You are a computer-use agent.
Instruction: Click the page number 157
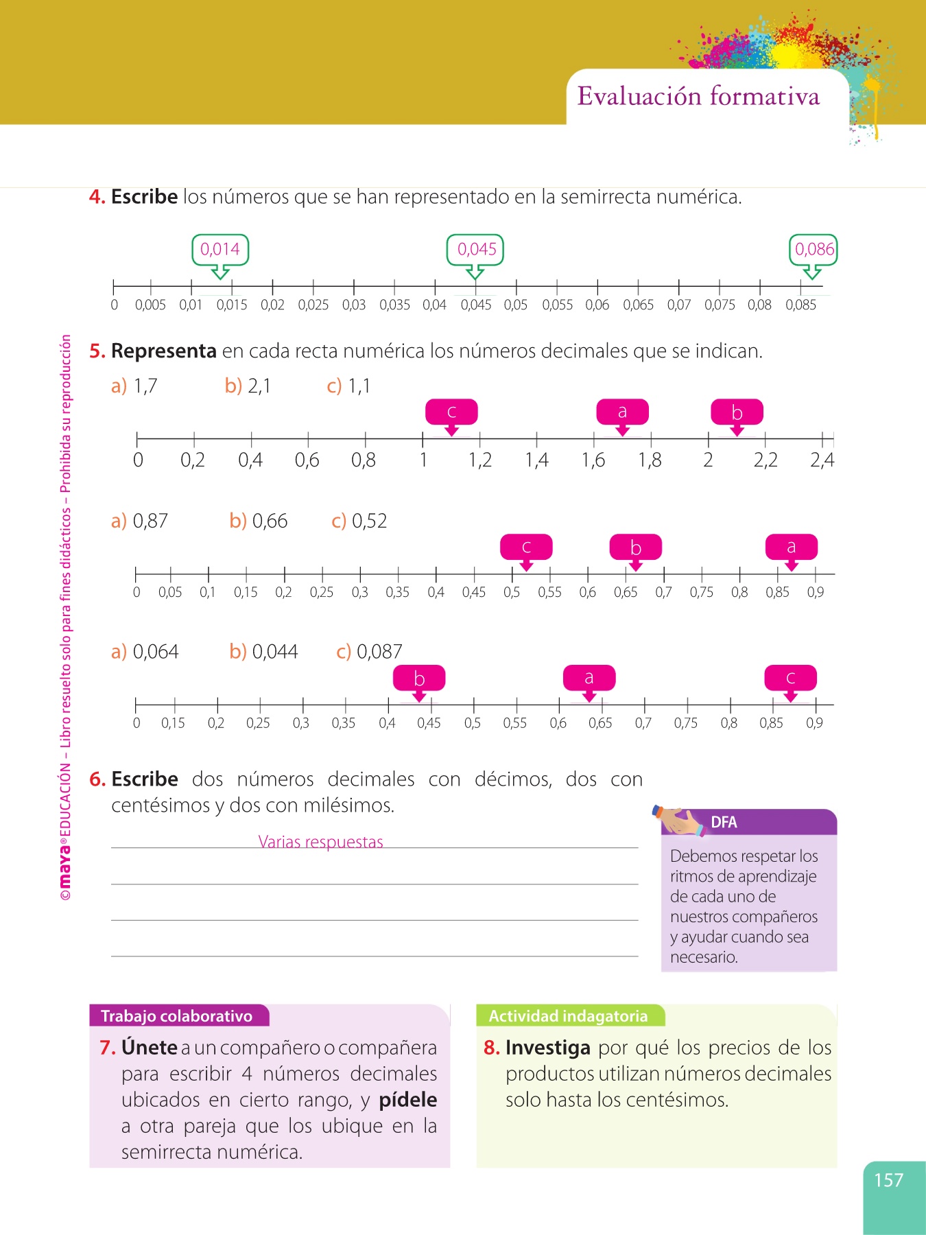pos(888,1180)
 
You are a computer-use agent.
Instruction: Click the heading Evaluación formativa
pos(698,97)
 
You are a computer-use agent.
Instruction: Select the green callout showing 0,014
pos(220,250)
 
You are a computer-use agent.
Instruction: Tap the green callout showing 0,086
pos(814,250)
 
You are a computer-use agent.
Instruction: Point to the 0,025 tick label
pos(313,305)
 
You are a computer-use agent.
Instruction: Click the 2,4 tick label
pos(822,460)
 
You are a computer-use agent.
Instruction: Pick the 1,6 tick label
pos(593,460)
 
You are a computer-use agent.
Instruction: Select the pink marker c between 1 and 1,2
pos(451,412)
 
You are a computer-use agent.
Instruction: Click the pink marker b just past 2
pos(737,412)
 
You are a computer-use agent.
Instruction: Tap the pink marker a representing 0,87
pos(791,548)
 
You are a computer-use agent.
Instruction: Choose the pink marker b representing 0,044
pos(419,679)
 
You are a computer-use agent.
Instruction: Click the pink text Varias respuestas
pos(320,842)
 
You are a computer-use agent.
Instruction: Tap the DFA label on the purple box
pos(724,822)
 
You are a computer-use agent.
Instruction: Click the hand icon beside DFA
pos(679,821)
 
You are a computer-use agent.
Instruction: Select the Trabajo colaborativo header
pos(177,1016)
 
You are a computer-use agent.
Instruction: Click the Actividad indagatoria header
pos(568,1016)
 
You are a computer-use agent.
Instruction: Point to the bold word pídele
pos(408,1100)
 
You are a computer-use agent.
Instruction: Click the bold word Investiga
pos(547,1048)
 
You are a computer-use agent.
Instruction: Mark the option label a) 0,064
pos(145,651)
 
